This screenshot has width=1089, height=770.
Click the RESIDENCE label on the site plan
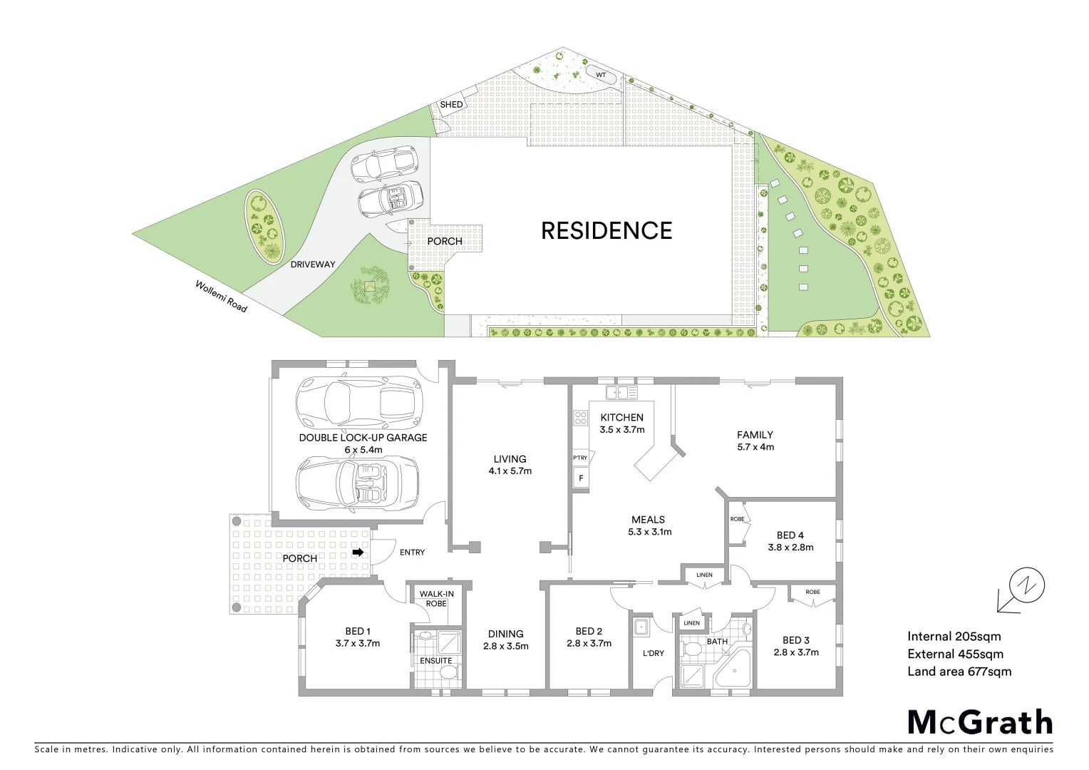(x=607, y=230)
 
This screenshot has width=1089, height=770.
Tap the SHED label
(x=451, y=105)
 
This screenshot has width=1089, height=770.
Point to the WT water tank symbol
(x=600, y=74)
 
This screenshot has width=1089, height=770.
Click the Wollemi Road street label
(x=222, y=296)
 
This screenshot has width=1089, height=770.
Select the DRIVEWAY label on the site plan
(x=312, y=265)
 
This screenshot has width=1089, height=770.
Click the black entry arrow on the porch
(x=358, y=552)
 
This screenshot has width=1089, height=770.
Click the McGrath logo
(x=979, y=722)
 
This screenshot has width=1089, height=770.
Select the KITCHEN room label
(x=621, y=418)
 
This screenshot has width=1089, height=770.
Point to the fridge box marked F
(x=581, y=478)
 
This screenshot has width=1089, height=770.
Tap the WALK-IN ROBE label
(x=436, y=599)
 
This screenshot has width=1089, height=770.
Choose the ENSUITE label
(x=435, y=661)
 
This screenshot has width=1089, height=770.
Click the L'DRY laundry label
(x=653, y=654)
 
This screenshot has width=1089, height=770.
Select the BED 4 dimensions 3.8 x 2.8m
(x=790, y=548)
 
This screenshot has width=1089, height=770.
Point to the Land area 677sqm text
(x=959, y=672)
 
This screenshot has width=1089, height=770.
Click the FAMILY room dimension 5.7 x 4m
(x=755, y=447)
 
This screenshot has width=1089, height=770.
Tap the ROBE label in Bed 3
(x=812, y=592)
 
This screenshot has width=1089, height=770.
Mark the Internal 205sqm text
(x=954, y=637)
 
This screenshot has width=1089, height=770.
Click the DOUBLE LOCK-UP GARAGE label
(x=363, y=438)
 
